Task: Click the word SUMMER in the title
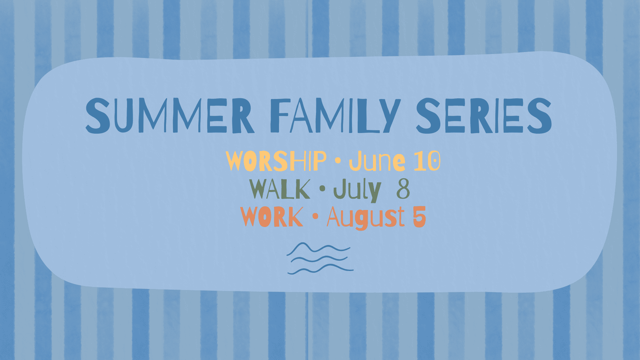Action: [170, 116]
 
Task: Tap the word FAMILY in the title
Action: [335, 116]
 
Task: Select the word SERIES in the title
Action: [484, 116]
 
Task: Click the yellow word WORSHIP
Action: [276, 161]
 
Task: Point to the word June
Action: [377, 161]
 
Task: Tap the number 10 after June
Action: [427, 161]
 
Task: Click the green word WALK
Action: [280, 189]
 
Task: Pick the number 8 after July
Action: [403, 189]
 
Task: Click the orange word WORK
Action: [272, 217]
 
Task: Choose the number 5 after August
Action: [419, 217]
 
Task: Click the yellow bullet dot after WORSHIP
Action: [338, 161]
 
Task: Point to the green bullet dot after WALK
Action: [322, 189]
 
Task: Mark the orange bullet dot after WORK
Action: [315, 217]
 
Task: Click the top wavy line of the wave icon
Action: [318, 248]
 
